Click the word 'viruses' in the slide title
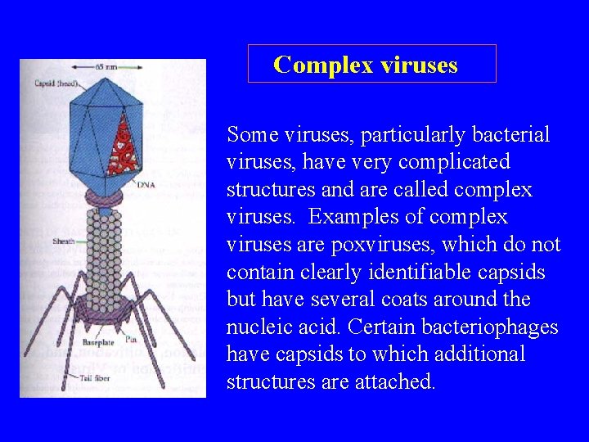tap(418, 65)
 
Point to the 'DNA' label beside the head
tap(148, 184)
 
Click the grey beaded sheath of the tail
tap(104, 254)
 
